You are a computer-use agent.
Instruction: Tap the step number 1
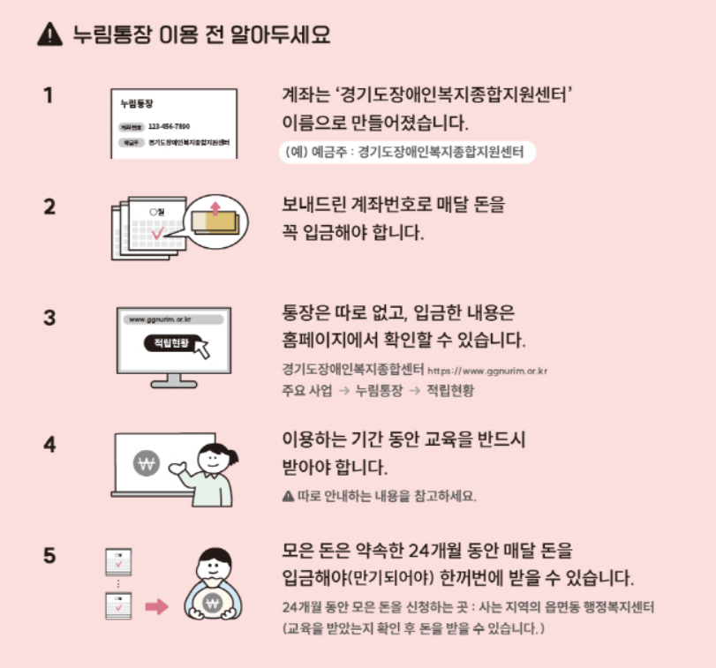[49, 94]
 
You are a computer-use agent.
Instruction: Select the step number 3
[49, 318]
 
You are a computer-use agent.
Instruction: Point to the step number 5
[49, 556]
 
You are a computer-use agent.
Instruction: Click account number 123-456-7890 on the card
[169, 126]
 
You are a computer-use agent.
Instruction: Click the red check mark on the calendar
[157, 234]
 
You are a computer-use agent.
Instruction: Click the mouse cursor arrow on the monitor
[202, 348]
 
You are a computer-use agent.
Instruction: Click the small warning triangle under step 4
[287, 496]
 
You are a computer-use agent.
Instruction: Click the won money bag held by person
[212, 603]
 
